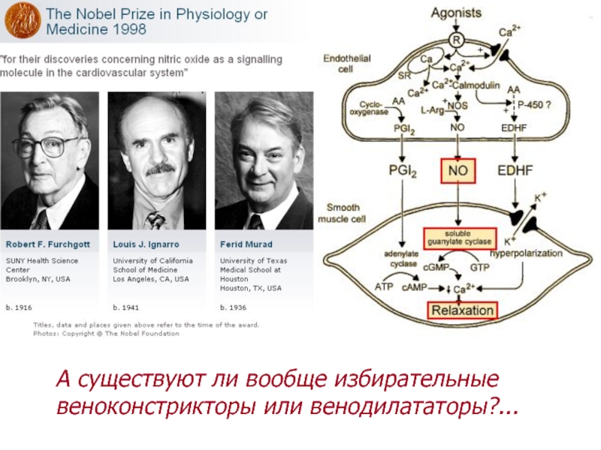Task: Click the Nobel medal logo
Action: click(23, 20)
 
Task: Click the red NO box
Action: click(458, 171)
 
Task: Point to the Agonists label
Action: click(456, 13)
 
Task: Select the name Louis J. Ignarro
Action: click(144, 244)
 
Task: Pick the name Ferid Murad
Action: click(246, 244)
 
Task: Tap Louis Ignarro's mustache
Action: click(159, 169)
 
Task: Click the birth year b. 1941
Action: click(125, 307)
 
